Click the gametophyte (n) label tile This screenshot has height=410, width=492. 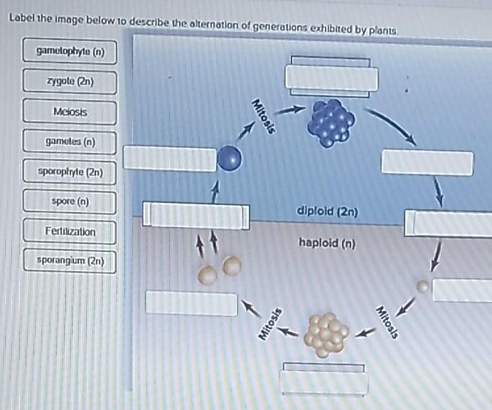[x=70, y=51]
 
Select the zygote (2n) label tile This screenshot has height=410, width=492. [x=70, y=81]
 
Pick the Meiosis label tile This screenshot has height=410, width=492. [x=70, y=112]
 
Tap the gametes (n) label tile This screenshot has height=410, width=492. [x=70, y=142]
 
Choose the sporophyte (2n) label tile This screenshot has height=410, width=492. [x=70, y=172]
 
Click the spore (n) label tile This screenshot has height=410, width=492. [x=70, y=201]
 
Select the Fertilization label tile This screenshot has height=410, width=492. [x=70, y=231]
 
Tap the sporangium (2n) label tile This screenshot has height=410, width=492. [x=70, y=261]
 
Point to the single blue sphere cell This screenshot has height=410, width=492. [x=229, y=158]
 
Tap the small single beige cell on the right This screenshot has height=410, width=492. [x=423, y=286]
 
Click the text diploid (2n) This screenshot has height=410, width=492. [x=328, y=211]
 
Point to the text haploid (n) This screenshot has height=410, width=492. [x=327, y=243]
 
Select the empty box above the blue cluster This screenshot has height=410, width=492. [x=331, y=76]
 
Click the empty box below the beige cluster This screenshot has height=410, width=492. [x=324, y=380]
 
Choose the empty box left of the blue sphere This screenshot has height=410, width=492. [x=170, y=159]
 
